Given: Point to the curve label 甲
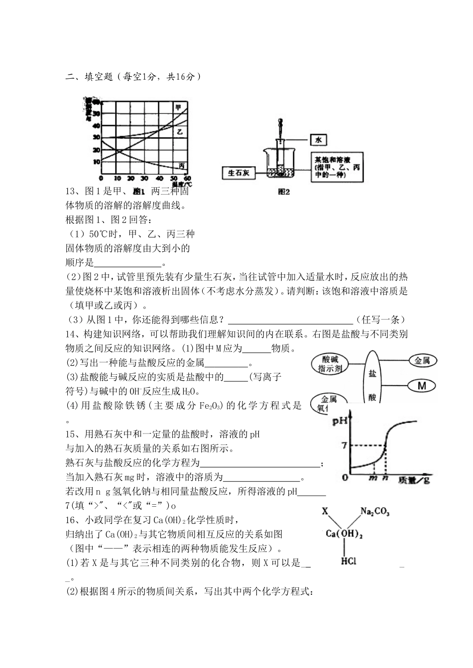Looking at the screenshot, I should [x=178, y=107].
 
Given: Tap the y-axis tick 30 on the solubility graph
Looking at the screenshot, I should [x=96, y=137].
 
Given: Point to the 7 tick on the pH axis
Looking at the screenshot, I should [x=344, y=445].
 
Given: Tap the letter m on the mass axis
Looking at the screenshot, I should [x=372, y=478].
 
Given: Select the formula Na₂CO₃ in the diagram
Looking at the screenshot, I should [x=375, y=511].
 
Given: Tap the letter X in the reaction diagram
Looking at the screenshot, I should [x=325, y=511].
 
